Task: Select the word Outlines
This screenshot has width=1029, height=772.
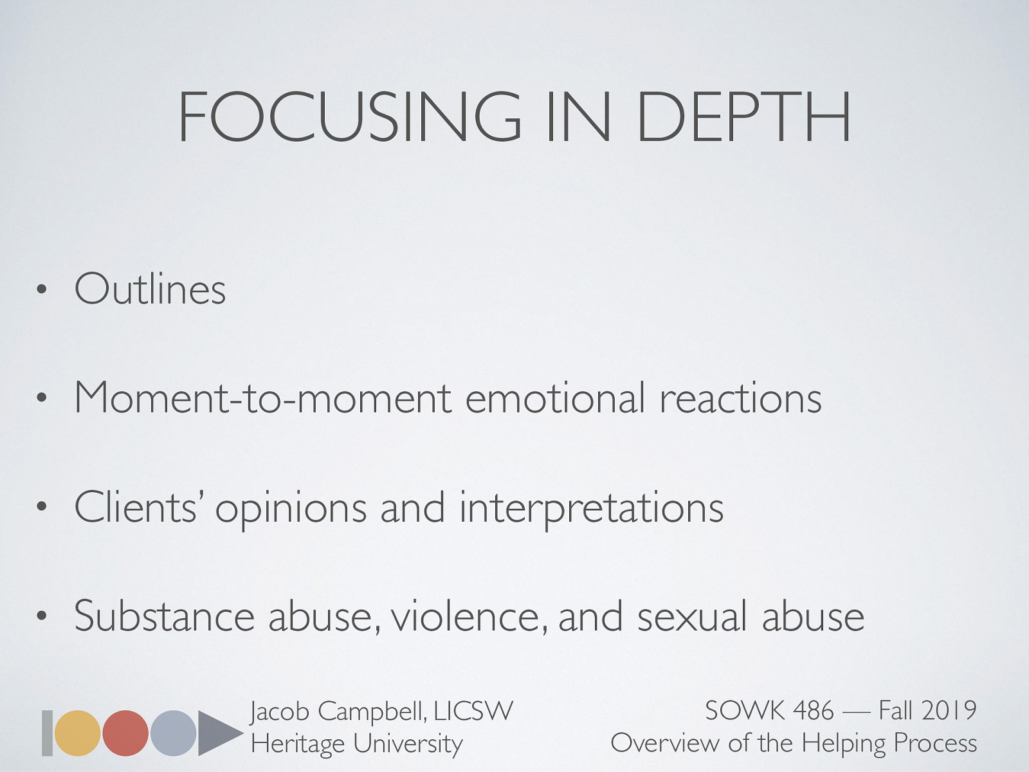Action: [150, 289]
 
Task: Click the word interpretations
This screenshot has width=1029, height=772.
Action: [592, 508]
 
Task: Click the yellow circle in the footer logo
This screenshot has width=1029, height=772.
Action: [78, 733]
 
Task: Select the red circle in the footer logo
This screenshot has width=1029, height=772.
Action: [125, 733]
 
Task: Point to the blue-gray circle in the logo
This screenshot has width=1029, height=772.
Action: [173, 733]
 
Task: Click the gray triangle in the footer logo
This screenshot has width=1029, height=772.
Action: [217, 733]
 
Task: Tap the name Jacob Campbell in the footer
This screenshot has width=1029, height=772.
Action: [338, 712]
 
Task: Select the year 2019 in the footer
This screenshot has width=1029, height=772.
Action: [949, 711]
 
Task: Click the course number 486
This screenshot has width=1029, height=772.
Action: [814, 711]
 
